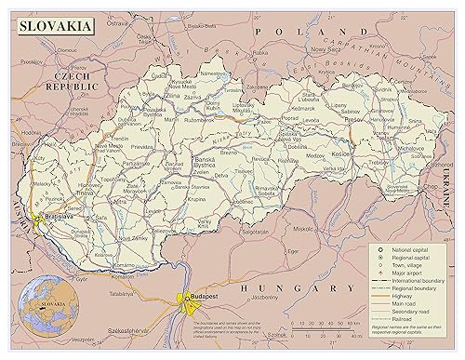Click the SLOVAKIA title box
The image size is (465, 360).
[x=53, y=26]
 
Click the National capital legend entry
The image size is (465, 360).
[x=405, y=248]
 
